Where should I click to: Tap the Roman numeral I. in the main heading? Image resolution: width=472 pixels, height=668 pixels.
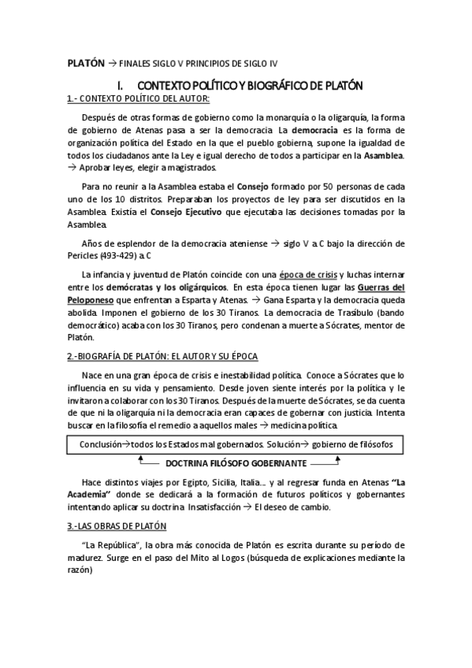(120, 84)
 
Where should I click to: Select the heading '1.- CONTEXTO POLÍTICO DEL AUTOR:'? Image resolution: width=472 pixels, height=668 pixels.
(138, 98)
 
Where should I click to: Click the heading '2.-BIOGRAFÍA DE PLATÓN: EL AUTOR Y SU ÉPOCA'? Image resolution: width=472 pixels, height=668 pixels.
(158, 357)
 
